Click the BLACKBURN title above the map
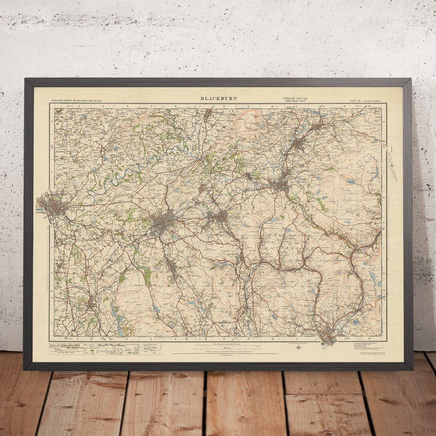click(219, 98)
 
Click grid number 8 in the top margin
click(224, 105)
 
